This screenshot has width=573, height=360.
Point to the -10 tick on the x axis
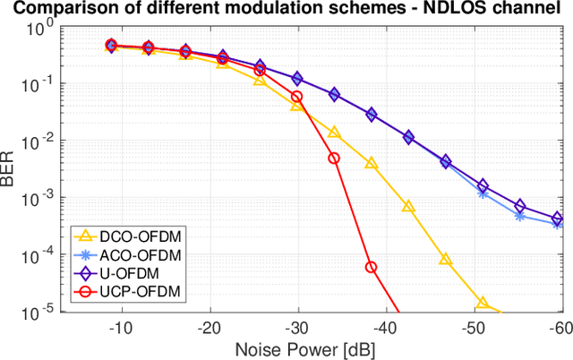point(122,328)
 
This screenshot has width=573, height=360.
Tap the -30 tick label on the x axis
point(297,328)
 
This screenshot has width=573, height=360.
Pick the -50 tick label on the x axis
point(472,328)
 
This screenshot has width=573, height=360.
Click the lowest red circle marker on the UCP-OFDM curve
point(371,267)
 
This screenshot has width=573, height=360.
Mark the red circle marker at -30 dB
point(297,97)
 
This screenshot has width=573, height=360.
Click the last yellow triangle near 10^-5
point(483,304)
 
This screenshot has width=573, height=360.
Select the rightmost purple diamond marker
point(557,218)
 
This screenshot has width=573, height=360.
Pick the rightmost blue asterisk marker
point(557,224)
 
